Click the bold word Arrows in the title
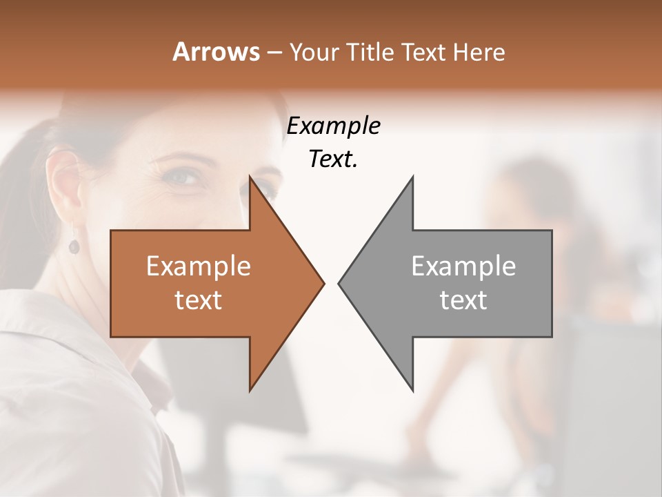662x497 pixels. pyautogui.click(x=215, y=52)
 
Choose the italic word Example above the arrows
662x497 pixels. pyautogui.click(x=333, y=126)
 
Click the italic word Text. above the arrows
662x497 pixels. pyautogui.click(x=333, y=159)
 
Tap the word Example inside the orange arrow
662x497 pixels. pyautogui.click(x=199, y=266)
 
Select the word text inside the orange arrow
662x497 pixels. pyautogui.click(x=199, y=300)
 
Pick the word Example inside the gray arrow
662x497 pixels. pyautogui.click(x=463, y=266)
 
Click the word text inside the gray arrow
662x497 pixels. pyautogui.click(x=463, y=300)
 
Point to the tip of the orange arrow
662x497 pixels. pyautogui.click(x=323, y=283)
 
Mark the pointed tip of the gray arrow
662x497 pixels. pyautogui.click(x=339, y=283)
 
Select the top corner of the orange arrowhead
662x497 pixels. pyautogui.click(x=250, y=177)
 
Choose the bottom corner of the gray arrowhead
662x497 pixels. pyautogui.click(x=412, y=390)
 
